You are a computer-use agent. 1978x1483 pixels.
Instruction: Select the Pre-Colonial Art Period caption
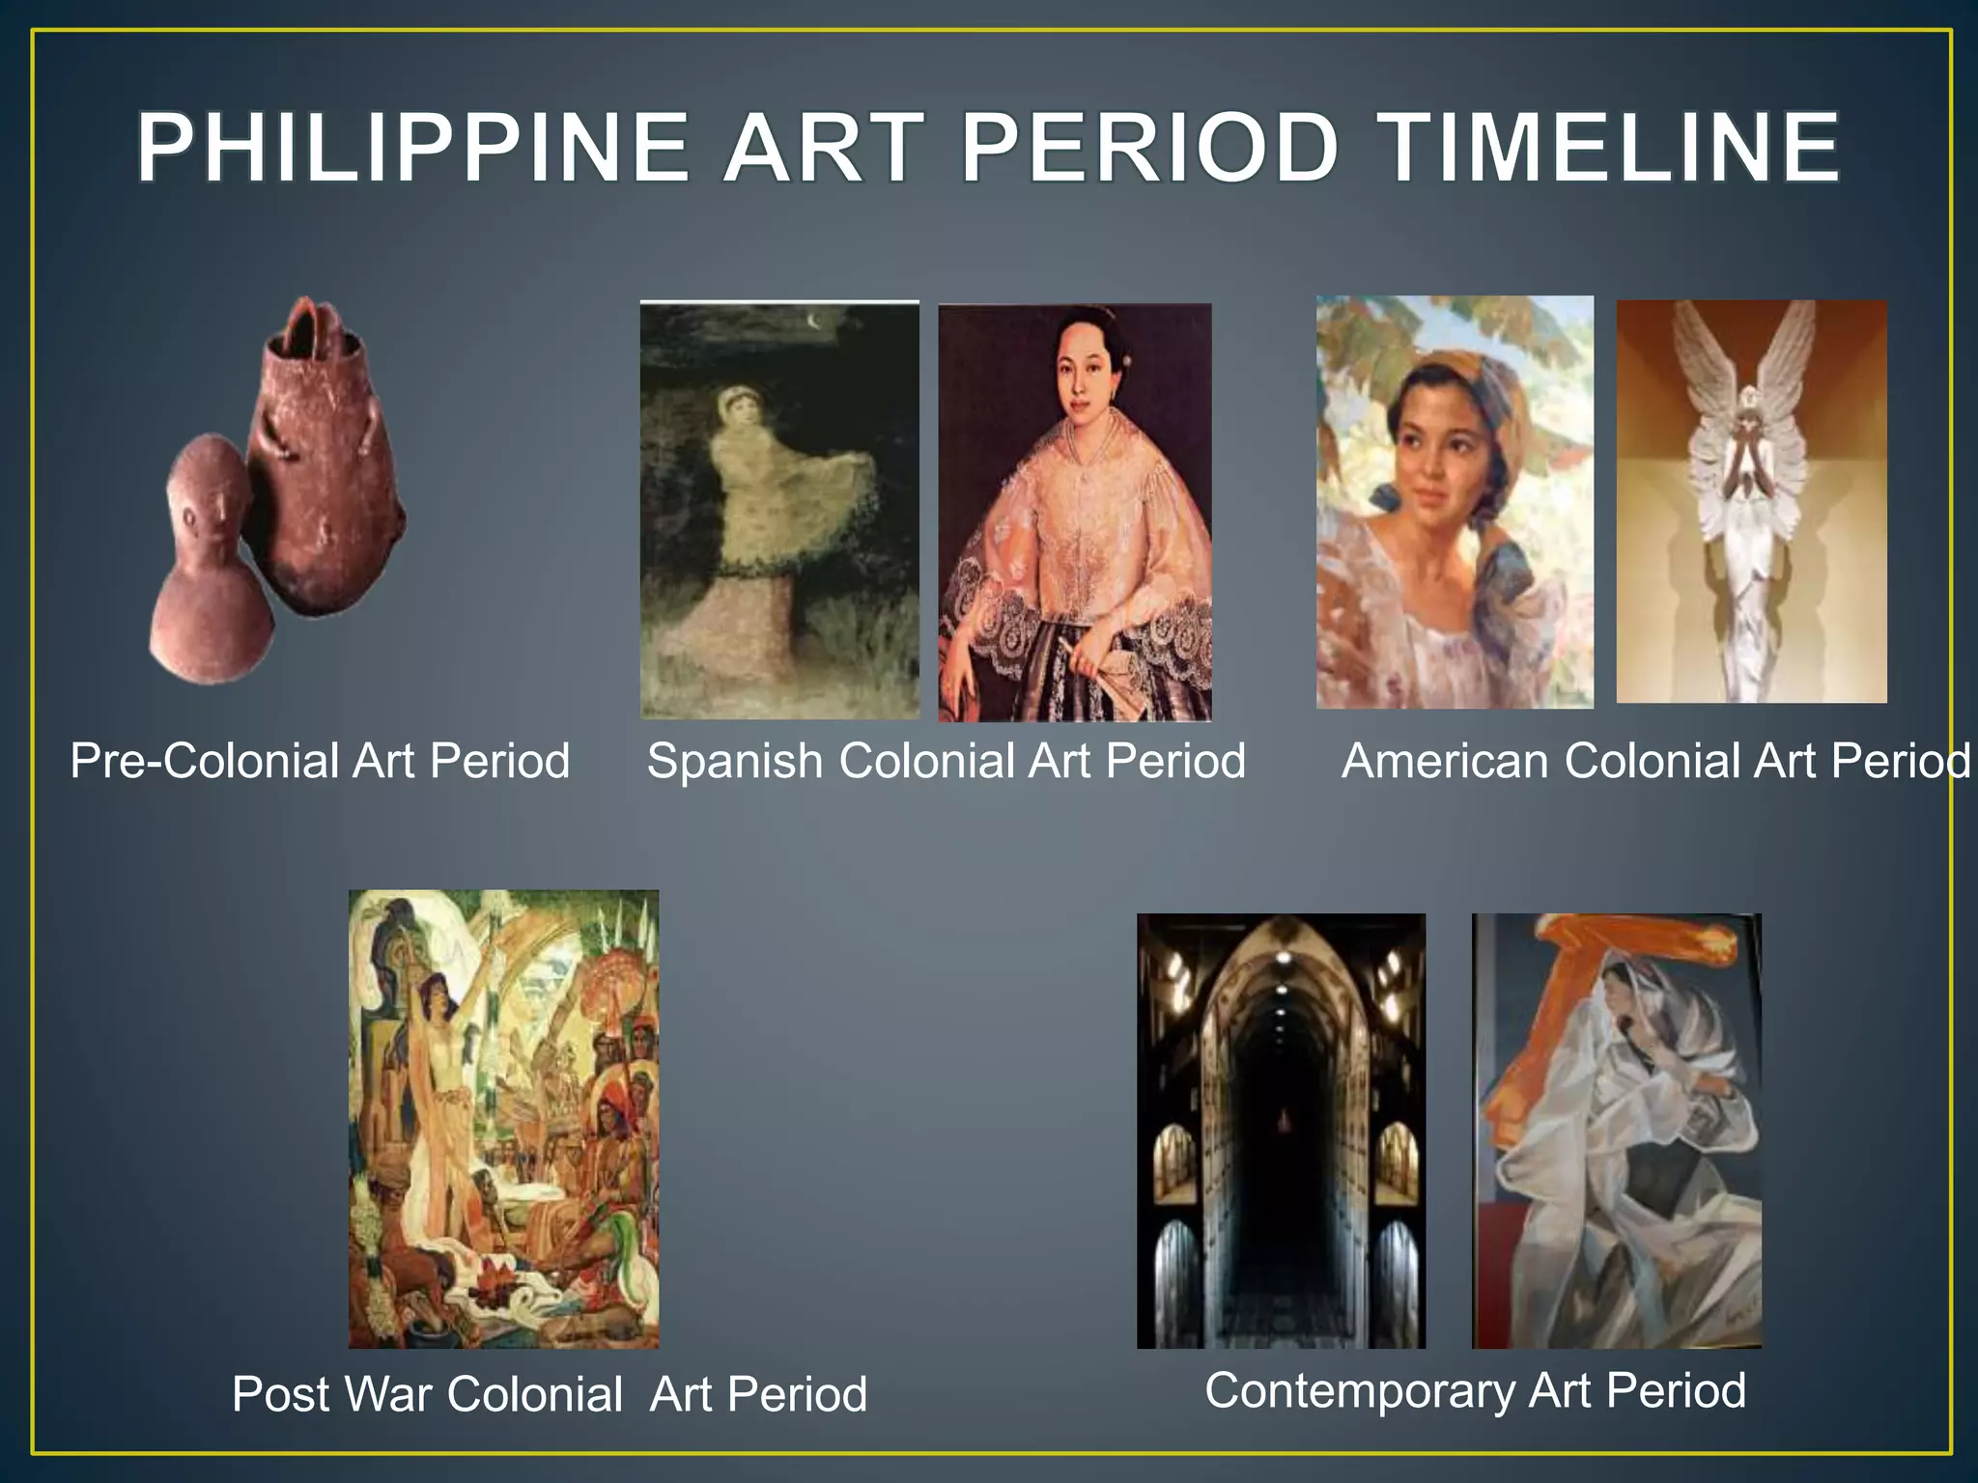coord(320,761)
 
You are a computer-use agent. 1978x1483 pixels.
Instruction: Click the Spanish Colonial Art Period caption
coord(947,761)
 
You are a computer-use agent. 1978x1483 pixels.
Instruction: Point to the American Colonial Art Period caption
coord(1655,761)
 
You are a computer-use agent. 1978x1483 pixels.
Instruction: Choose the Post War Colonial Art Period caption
coord(549,1394)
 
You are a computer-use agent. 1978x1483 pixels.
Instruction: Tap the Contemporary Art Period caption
coord(1475,1390)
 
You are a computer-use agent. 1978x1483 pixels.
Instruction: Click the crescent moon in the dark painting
coord(818,322)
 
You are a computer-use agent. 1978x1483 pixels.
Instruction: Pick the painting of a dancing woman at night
coord(779,512)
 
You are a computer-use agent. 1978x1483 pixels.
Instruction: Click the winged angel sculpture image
coord(1751,502)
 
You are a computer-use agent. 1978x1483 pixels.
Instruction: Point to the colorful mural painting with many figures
coord(503,1120)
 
